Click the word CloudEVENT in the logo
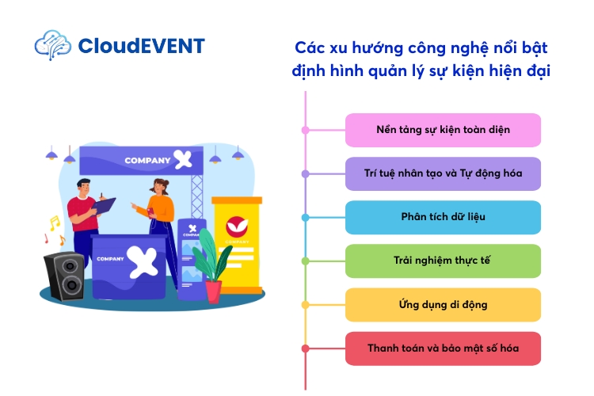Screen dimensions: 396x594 click(141, 45)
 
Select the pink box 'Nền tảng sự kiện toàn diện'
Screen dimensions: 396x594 click(443, 130)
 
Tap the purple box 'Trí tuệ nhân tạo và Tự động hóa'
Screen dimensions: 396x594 click(443, 173)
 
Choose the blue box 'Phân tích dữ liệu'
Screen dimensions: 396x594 click(443, 217)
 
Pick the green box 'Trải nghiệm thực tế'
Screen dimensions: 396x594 click(443, 261)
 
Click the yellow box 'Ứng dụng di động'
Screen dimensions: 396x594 click(443, 304)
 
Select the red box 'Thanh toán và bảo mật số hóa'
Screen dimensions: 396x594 click(443, 348)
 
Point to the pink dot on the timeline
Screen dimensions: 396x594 click(305, 129)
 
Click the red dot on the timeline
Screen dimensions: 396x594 click(305, 348)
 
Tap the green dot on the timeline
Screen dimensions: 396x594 click(305, 261)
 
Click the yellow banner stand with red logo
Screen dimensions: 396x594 click(236, 242)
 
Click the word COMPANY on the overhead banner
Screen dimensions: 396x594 click(147, 161)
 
